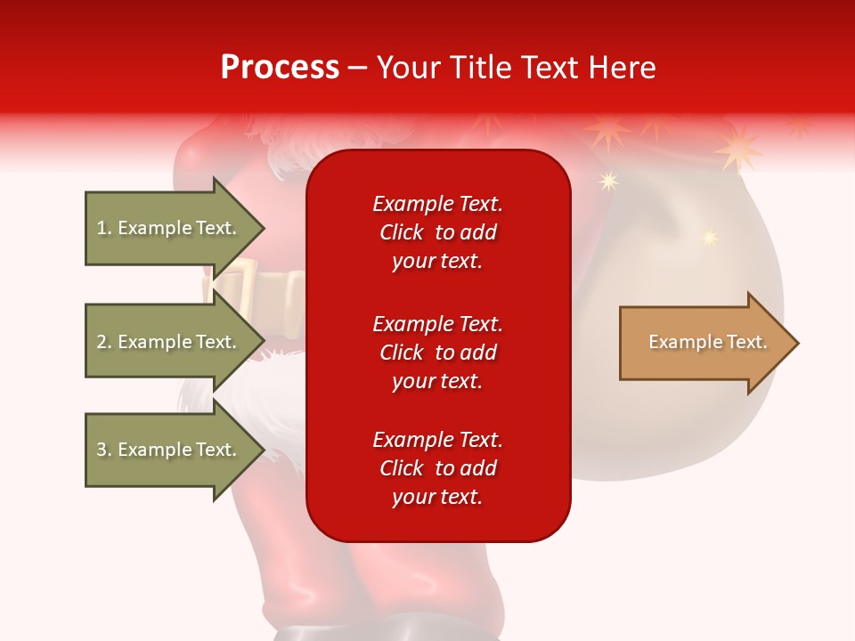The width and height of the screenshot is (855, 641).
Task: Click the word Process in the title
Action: [280, 67]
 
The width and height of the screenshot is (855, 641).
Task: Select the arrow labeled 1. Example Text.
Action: [169, 228]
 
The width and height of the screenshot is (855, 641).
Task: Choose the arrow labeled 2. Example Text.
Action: [169, 342]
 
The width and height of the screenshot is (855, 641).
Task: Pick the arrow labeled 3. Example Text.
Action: [169, 450]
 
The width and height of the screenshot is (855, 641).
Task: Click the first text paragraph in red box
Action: [437, 232]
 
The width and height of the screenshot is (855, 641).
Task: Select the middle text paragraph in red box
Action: [437, 353]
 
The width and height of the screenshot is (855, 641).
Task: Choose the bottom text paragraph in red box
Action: [437, 468]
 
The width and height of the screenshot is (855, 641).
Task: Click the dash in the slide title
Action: [358, 68]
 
